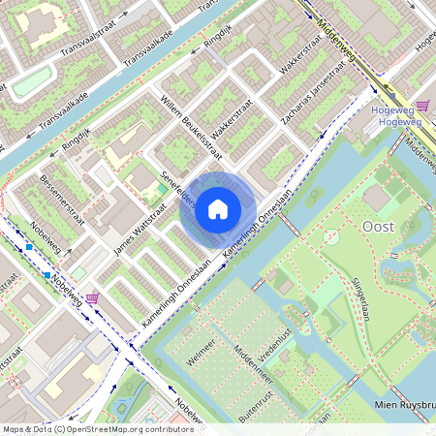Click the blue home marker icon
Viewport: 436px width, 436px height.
tap(218, 208)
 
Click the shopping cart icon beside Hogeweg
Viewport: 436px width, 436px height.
tap(422, 106)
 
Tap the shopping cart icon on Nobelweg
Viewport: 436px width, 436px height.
tap(92, 298)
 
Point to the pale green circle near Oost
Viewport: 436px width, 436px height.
tap(330, 235)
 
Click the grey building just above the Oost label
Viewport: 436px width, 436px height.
tap(377, 198)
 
